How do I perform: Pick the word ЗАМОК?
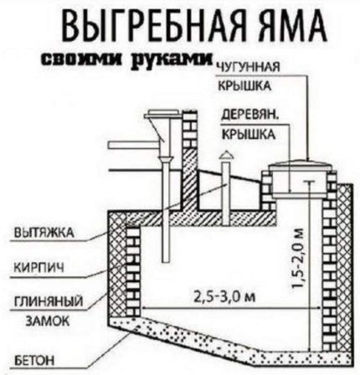tap(39, 320)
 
